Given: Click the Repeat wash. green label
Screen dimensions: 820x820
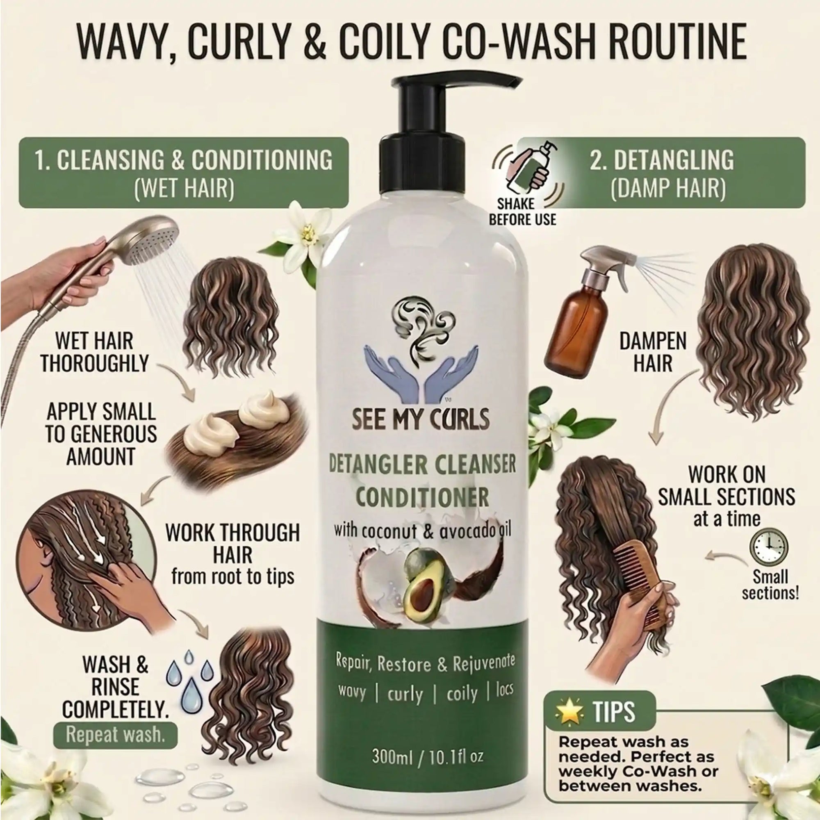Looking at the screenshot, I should (115, 747).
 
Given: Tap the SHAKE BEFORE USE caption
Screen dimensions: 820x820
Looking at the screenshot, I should (522, 212).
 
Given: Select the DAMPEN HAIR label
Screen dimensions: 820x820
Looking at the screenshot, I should (653, 352).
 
